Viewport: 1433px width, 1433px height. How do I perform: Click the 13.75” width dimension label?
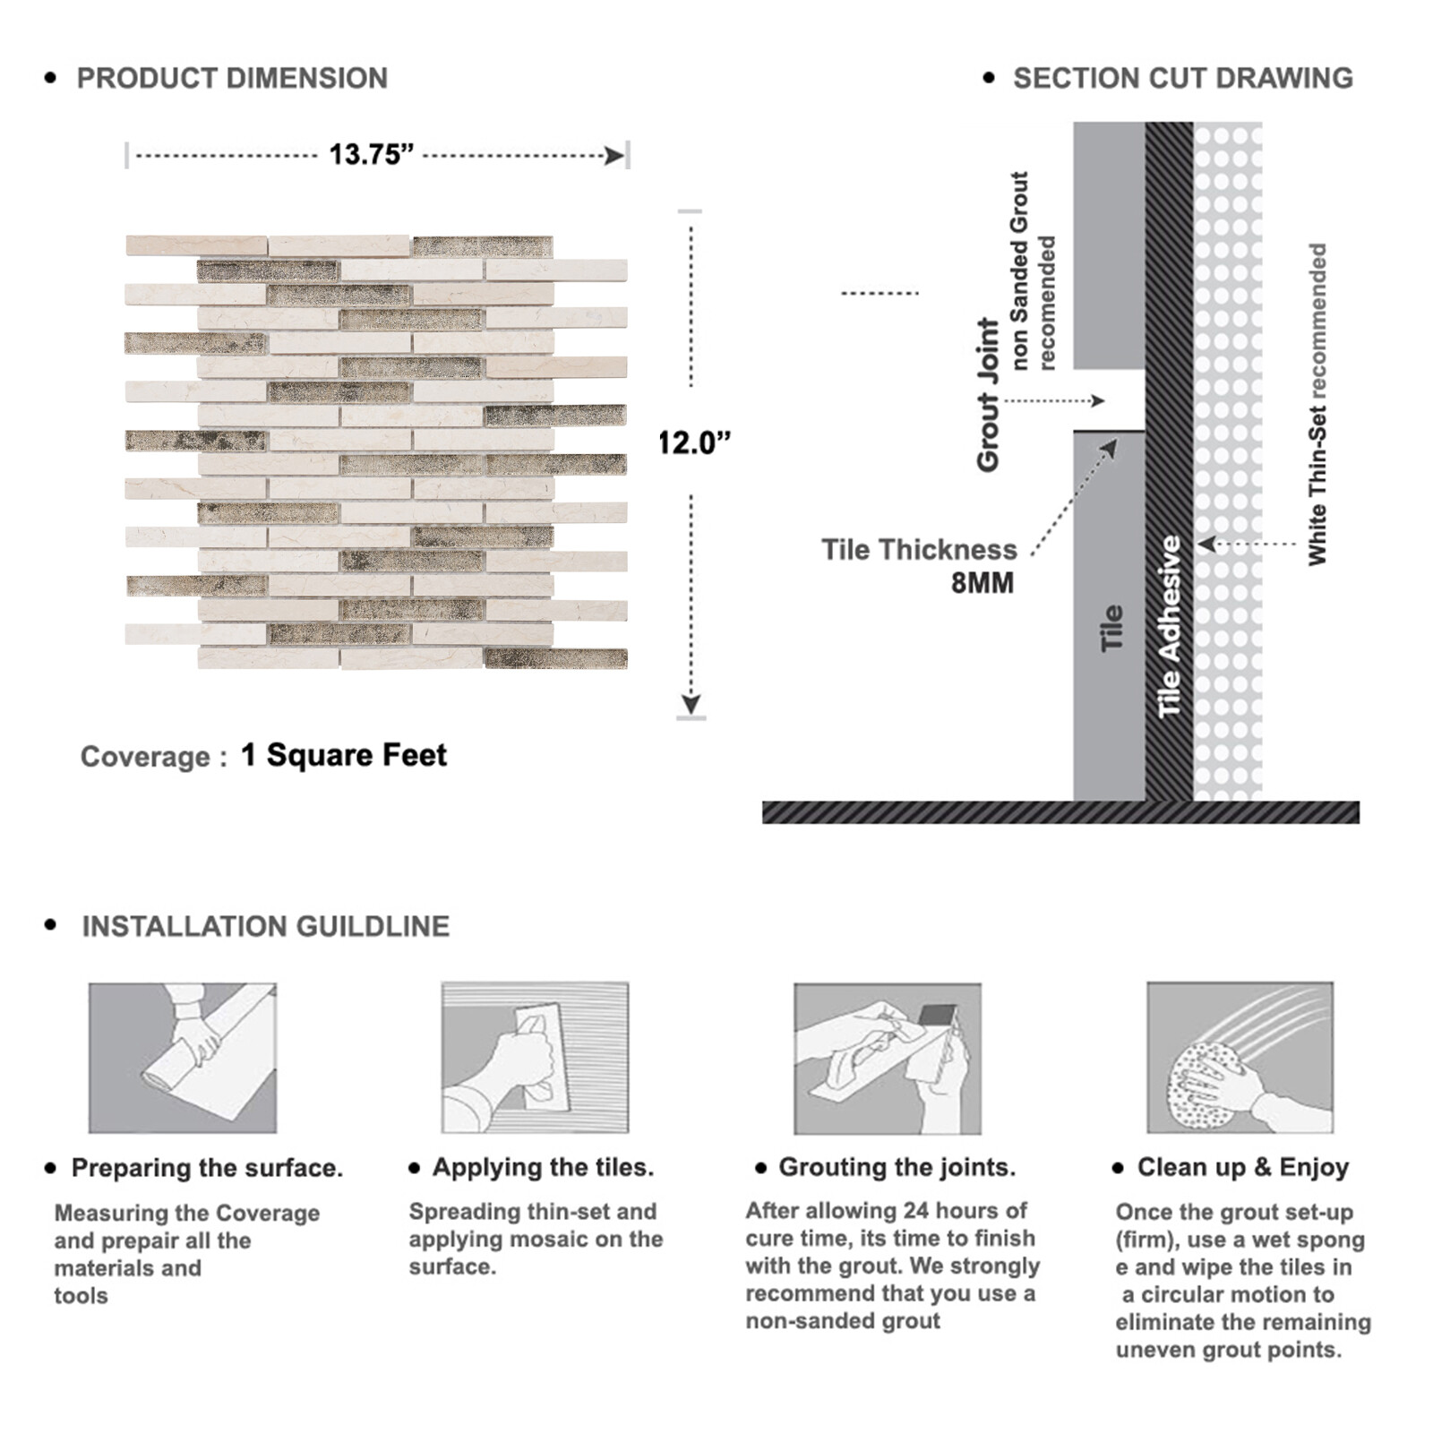pos(371,155)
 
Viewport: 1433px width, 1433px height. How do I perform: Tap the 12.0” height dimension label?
pos(695,442)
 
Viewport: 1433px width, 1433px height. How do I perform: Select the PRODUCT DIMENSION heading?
pos(232,78)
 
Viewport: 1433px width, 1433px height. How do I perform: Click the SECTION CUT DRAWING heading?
pos(1183,78)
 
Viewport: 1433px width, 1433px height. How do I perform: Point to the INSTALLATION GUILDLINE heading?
pos(266,926)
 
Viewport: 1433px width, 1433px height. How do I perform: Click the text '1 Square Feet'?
pos(344,755)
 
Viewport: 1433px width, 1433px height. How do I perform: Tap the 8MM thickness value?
pos(983,583)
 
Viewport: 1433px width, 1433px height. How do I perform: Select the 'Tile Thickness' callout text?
pos(919,549)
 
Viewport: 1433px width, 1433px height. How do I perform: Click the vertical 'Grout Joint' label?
pos(988,394)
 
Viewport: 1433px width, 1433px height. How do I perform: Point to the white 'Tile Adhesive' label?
pos(1169,627)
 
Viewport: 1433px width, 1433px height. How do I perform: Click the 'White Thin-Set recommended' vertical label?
pos(1317,404)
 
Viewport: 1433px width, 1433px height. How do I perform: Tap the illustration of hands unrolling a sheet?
pos(183,1058)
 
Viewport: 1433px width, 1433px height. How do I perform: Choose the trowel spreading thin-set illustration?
pos(535,1058)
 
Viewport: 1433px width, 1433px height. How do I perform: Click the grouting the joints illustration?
pos(888,1059)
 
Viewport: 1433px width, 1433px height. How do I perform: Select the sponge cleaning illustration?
pos(1240,1058)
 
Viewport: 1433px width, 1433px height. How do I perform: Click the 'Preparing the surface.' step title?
pos(207,1168)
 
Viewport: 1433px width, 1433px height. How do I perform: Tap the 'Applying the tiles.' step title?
pos(543,1167)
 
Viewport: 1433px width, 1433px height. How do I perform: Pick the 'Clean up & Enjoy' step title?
pos(1243,1167)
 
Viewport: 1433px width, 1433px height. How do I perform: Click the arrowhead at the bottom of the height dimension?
pos(691,704)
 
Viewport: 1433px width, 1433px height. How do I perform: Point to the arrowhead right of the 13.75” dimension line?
pos(614,157)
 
